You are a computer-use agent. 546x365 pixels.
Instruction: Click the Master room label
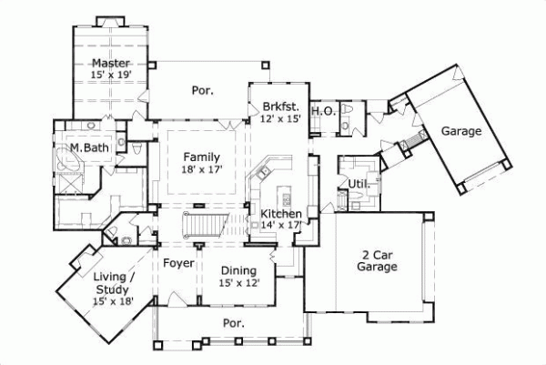point(110,63)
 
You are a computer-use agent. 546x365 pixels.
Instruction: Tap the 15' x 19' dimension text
point(110,76)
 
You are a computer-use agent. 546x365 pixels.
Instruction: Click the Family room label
point(201,156)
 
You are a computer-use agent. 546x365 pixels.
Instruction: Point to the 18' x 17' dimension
point(201,168)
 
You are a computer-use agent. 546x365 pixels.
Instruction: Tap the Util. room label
point(359,185)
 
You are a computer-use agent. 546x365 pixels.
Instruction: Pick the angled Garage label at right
point(460,131)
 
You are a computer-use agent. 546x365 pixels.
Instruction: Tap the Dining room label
point(239,270)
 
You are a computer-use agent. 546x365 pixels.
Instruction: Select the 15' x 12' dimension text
point(239,283)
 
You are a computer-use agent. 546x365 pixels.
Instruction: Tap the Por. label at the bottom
point(236,322)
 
